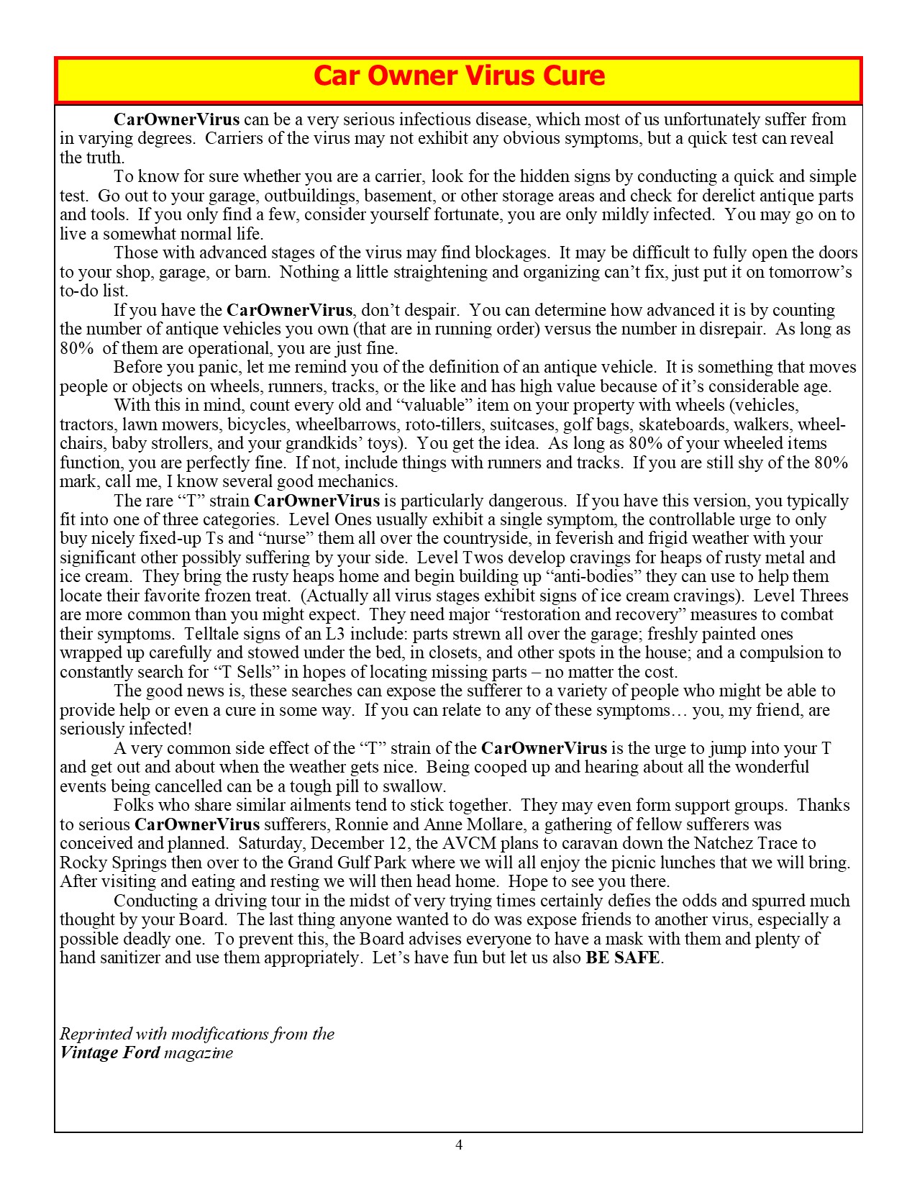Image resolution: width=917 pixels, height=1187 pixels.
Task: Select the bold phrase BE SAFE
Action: tap(623, 958)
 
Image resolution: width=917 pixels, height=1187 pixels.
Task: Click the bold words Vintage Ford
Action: tap(110, 1053)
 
